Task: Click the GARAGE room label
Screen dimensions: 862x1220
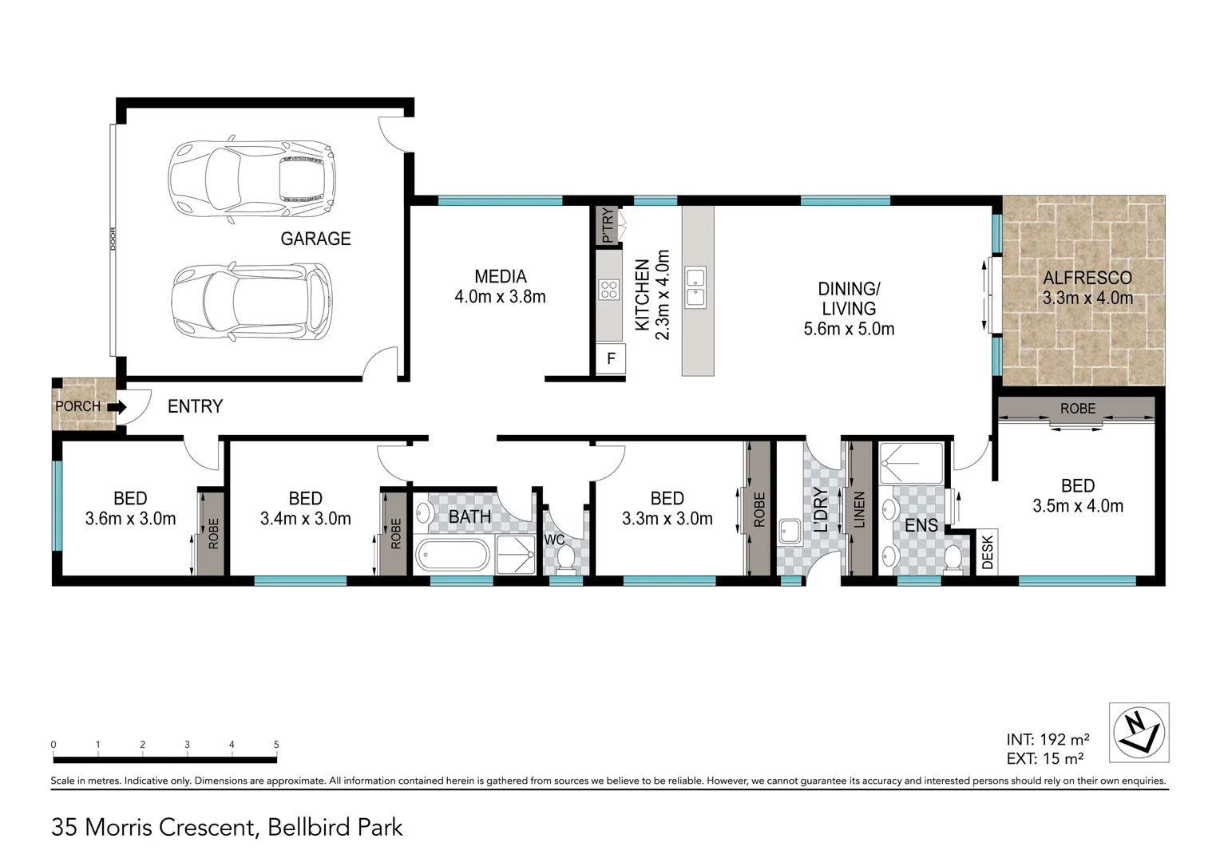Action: click(x=315, y=238)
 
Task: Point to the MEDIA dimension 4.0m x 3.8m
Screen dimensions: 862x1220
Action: click(x=500, y=297)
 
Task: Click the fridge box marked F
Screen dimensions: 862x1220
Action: click(x=611, y=359)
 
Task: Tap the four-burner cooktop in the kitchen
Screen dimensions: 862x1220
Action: click(x=609, y=290)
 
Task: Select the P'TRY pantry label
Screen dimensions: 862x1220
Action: click(x=607, y=225)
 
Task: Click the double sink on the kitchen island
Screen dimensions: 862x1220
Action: click(x=696, y=288)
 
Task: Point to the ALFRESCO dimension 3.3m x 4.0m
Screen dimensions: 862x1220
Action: click(x=1087, y=299)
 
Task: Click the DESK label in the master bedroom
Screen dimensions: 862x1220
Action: click(x=988, y=552)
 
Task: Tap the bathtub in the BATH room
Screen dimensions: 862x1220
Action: click(x=451, y=555)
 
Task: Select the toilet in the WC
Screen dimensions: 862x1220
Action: click(x=565, y=557)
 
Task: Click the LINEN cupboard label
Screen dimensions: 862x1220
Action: click(x=860, y=509)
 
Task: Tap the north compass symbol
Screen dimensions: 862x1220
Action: click(x=1139, y=732)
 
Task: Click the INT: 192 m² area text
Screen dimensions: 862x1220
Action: click(x=1048, y=739)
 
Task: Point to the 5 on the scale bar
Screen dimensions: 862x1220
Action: click(x=276, y=745)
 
